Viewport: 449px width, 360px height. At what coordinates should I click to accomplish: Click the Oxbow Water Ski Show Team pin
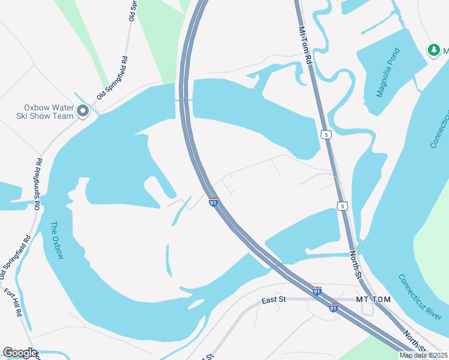[x=83, y=111]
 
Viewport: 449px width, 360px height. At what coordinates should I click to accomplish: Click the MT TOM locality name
[x=373, y=299]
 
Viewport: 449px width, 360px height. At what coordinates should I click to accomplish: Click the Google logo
[x=20, y=353]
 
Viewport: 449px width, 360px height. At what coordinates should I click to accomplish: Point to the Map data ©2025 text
[x=423, y=355]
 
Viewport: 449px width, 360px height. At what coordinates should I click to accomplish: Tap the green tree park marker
[x=433, y=50]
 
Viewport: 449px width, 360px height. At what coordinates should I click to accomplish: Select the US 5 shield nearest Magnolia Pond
[x=326, y=135]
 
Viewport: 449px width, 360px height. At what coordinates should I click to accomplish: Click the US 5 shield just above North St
[x=342, y=206]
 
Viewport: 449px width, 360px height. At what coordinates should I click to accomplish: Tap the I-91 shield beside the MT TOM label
[x=333, y=308]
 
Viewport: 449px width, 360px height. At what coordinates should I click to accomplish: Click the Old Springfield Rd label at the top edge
[x=131, y=11]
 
